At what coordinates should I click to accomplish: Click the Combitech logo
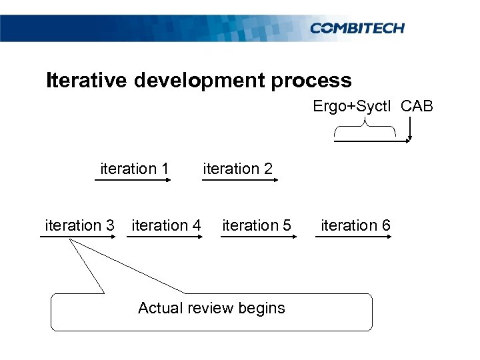[357, 28]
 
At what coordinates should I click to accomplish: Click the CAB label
[417, 107]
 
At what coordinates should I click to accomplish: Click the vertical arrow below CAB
[410, 129]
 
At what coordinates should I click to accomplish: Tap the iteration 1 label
[134, 169]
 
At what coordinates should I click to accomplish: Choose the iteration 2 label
[237, 169]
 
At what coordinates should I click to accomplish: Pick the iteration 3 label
[79, 225]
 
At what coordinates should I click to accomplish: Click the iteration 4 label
[166, 225]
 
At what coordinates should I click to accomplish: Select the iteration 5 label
[256, 225]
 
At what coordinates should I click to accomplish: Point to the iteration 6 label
[355, 225]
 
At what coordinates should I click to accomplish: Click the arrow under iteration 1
[133, 181]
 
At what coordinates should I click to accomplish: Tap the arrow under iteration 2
[239, 181]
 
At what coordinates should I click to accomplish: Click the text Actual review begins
[211, 308]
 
